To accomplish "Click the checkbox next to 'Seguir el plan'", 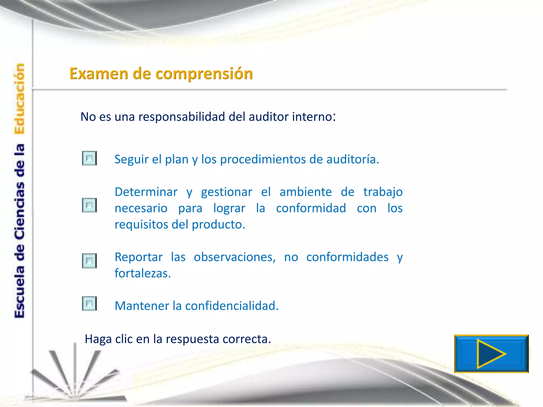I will pos(89,158).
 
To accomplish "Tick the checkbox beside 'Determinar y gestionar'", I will pos(89,205).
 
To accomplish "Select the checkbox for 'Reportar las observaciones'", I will pos(89,261).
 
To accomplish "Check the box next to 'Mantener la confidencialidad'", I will pos(89,304).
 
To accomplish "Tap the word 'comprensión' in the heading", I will pos(204,74).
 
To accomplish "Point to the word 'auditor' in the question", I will pos(269,117).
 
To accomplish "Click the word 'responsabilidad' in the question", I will pos(182,117).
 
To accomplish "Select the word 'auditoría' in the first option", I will pos(353,160).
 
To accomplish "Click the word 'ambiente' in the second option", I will pos(306,192).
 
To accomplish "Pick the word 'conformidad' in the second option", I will pos(311,208).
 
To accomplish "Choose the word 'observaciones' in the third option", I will pos(235,257).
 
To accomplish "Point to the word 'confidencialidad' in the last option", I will pos(232,306).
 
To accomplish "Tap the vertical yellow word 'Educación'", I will pos(20,99).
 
